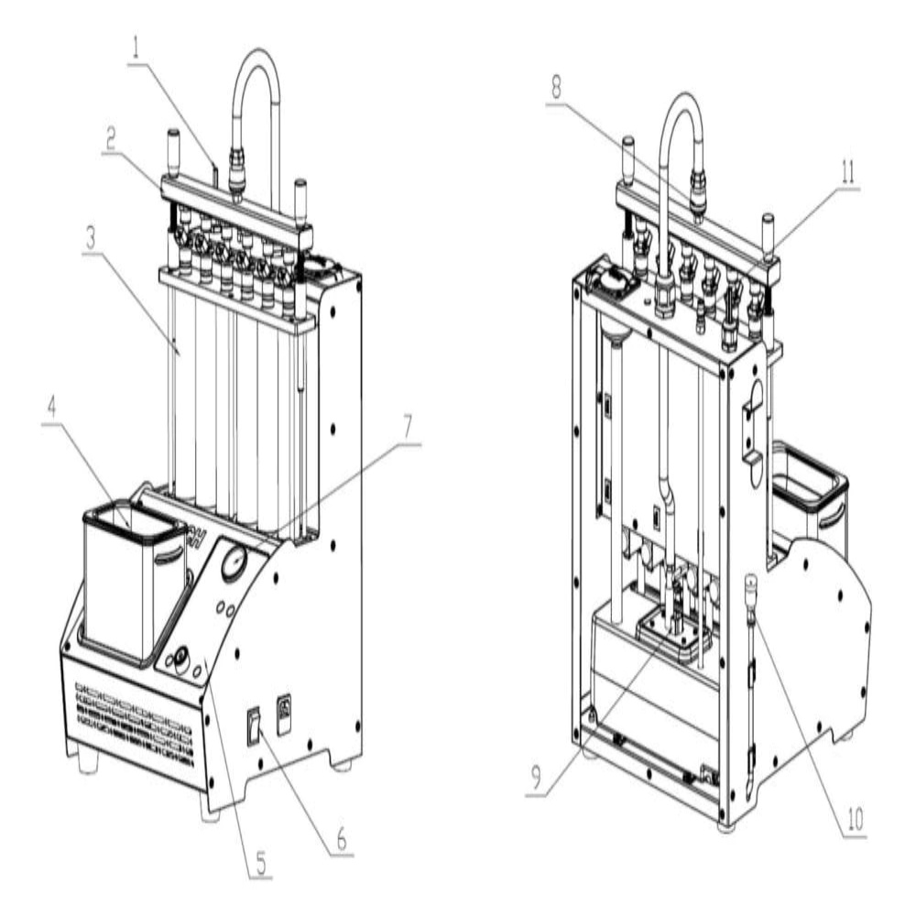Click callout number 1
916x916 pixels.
pyautogui.click(x=136, y=48)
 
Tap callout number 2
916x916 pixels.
pyautogui.click(x=110, y=137)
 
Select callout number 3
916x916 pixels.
pyautogui.click(x=90, y=238)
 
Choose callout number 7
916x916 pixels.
pyautogui.click(x=408, y=427)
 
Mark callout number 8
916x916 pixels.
pyautogui.click(x=556, y=88)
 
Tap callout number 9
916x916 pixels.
pyautogui.click(x=536, y=778)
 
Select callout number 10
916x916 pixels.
pyautogui.click(x=854, y=820)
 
